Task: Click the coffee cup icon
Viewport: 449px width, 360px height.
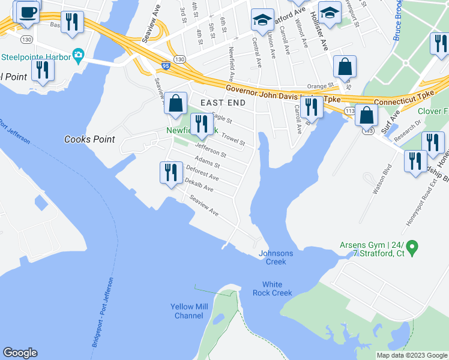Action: (x=28, y=11)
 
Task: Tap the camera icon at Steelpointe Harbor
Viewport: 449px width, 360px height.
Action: (x=78, y=57)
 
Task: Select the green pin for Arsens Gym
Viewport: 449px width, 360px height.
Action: (x=412, y=246)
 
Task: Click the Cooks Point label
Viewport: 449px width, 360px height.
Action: (x=89, y=139)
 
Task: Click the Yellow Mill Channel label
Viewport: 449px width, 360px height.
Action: (x=189, y=311)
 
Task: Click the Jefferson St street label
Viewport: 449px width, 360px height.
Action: (x=211, y=151)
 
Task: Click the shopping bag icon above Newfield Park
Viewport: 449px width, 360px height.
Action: (x=175, y=103)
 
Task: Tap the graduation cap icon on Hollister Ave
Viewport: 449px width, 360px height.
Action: (x=329, y=13)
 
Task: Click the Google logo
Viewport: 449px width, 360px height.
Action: (x=20, y=353)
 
